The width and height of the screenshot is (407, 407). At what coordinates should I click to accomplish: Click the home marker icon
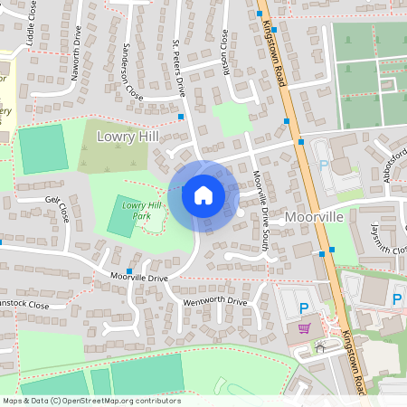(203, 194)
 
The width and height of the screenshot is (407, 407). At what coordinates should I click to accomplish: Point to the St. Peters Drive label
(178, 69)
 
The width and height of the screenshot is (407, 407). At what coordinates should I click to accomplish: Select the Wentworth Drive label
(214, 301)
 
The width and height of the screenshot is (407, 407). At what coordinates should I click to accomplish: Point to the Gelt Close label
(56, 211)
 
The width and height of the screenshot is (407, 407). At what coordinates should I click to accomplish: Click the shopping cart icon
(305, 328)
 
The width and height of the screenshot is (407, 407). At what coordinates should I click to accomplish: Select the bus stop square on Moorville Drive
(130, 270)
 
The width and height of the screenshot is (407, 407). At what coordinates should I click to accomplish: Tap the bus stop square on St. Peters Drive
(181, 117)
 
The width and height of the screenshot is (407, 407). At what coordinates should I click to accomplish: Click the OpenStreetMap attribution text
(90, 401)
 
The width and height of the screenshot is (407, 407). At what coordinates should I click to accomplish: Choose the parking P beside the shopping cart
(305, 309)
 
